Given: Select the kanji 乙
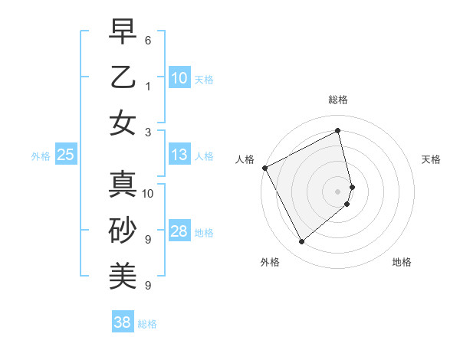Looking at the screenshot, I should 123,78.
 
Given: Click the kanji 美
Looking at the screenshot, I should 123,274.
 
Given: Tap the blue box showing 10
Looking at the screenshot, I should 179,78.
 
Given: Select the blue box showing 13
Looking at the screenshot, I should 179,155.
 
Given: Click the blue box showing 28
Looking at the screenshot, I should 179,232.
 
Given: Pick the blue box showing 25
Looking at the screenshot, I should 66,155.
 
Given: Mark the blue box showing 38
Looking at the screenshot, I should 123,322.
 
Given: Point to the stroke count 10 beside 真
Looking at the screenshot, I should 149,193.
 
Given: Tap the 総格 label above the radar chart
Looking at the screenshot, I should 338,100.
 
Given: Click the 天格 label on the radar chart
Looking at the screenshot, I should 432,159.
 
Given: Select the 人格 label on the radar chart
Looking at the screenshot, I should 245,159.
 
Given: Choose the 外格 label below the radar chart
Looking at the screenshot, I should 270,263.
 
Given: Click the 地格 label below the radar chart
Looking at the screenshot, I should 402,263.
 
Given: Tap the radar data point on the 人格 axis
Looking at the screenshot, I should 264,168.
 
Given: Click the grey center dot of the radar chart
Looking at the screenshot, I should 338,191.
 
